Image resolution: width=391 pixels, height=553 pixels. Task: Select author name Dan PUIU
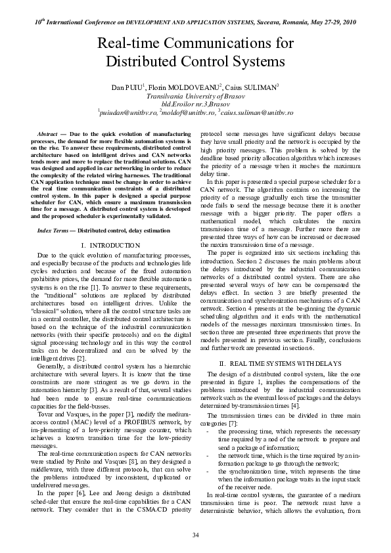point(127,87)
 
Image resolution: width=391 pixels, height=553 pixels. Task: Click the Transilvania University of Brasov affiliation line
point(195,95)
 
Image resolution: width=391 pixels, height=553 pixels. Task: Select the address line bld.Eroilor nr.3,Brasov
point(195,104)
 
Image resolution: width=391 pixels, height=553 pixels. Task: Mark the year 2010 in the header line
point(346,22)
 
